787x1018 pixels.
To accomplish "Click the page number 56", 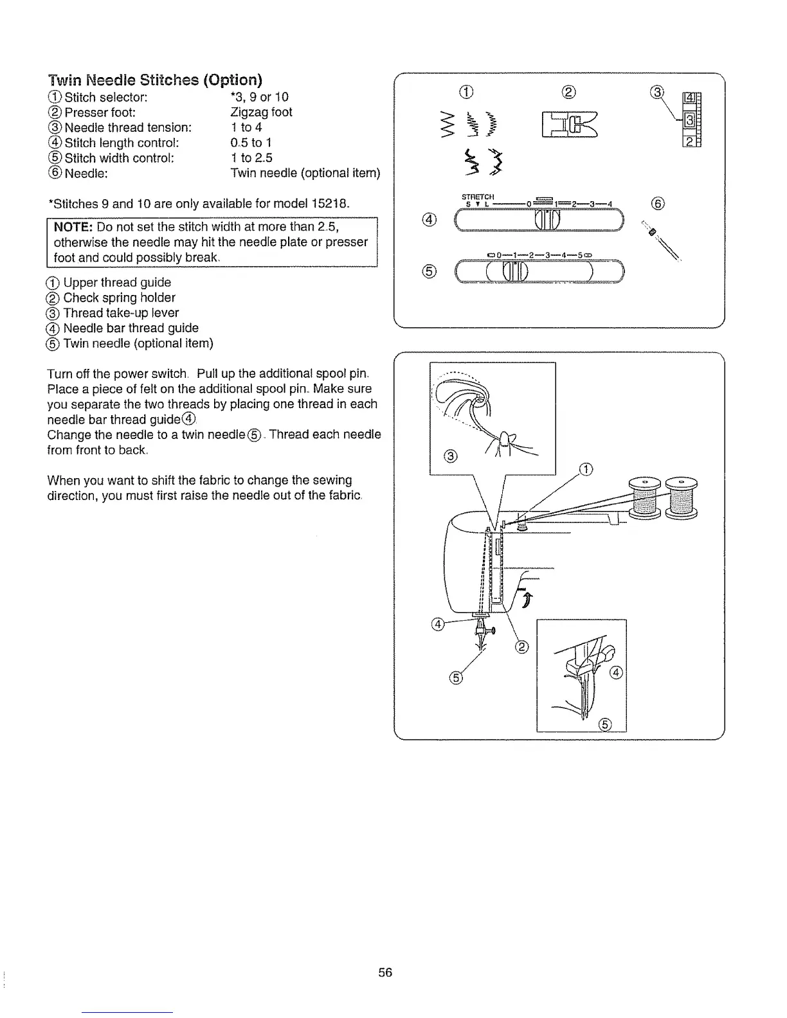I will tap(385, 972).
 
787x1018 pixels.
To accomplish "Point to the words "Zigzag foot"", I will tap(261, 112).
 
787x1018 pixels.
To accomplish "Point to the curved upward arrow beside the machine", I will tap(527, 599).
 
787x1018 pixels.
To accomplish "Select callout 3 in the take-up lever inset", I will tap(451, 457).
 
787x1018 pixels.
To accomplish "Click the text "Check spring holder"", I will tap(119, 298).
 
